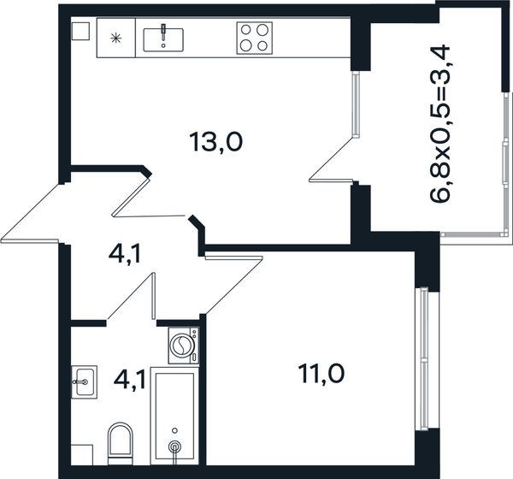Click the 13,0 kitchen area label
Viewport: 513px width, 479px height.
coord(216,142)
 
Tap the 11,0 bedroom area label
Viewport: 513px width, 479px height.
coord(321,374)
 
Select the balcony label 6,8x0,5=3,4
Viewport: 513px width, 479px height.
coord(440,125)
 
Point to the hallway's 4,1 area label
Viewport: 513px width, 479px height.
coord(125,254)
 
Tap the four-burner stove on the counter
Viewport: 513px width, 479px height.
coord(255,38)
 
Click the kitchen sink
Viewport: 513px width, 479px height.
coord(163,39)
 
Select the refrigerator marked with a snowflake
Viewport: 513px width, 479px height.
coord(115,38)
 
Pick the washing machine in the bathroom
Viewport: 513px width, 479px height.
coord(184,345)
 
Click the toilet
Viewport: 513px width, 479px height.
coord(121,443)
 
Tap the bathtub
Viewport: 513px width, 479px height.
coord(174,416)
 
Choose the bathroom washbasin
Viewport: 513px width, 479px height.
coord(84,381)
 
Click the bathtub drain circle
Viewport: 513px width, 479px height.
coord(174,446)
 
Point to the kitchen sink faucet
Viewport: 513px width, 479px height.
coord(163,33)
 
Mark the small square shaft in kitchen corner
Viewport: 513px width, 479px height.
coord(80,31)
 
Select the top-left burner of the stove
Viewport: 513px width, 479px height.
coord(245,30)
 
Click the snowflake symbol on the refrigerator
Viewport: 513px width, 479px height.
coord(115,38)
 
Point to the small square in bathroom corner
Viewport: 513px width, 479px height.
coord(82,455)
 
